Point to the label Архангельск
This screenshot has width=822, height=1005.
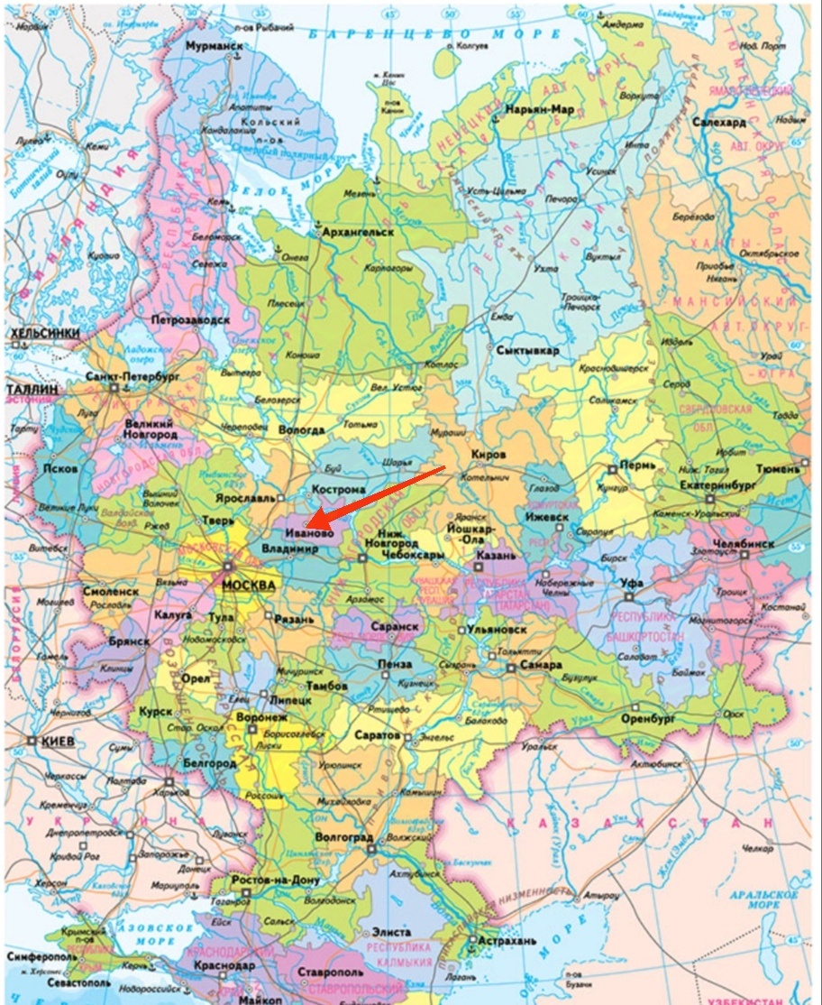pos(358,233)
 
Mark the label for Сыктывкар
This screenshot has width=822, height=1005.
pos(527,349)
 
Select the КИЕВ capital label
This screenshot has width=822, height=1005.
pos(55,741)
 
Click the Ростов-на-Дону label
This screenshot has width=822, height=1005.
pos(275,881)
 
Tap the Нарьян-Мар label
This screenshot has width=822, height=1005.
pos(539,110)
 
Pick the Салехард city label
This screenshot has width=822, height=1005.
pos(719,122)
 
